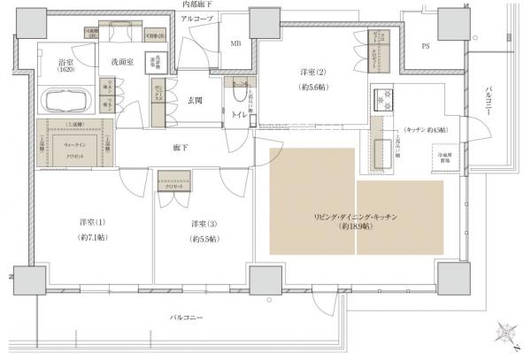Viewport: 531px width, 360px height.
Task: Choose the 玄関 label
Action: pos(196,101)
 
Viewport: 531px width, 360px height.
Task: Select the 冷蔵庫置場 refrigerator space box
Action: pos(445,157)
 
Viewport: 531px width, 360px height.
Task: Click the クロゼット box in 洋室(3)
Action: pos(173,187)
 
